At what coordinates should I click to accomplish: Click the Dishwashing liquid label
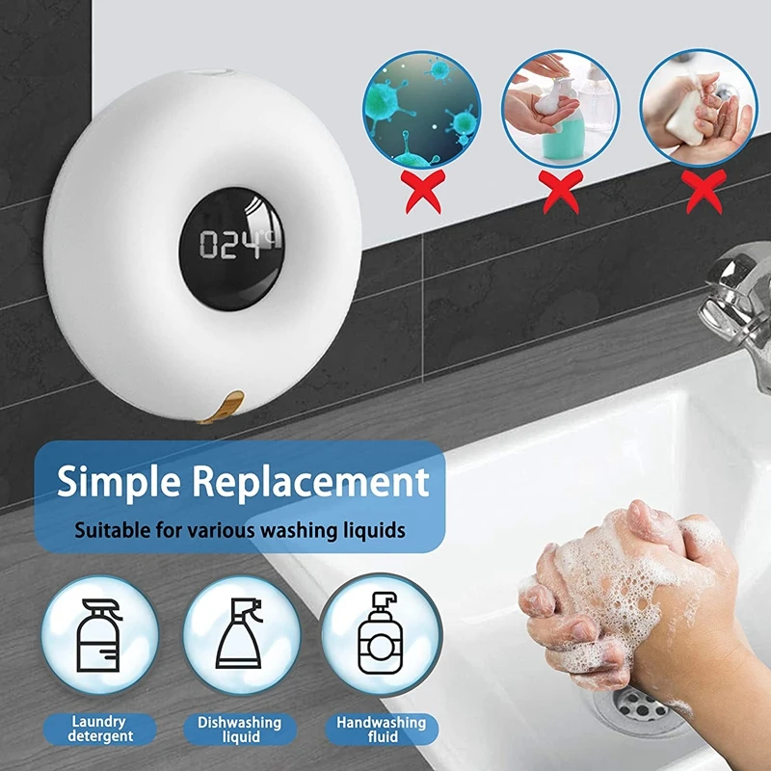(240, 728)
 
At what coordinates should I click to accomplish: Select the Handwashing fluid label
(381, 728)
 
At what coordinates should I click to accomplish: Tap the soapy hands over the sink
(617, 588)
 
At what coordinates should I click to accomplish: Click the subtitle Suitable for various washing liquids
(241, 529)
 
